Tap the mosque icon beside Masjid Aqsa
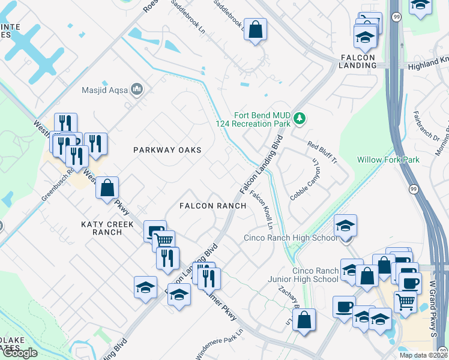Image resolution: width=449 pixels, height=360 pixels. (137, 90)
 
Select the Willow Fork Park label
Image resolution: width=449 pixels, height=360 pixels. (388, 160)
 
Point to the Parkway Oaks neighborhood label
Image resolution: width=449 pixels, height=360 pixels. (167, 149)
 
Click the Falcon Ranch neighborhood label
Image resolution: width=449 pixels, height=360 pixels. (213, 206)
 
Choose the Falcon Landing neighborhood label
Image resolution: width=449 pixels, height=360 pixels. (357, 61)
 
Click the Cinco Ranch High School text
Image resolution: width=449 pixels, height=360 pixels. (291, 238)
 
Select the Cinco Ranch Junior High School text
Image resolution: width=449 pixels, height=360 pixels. (315, 275)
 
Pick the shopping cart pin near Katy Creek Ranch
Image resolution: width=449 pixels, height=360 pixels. (163, 241)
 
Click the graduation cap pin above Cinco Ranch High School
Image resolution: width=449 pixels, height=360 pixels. (345, 226)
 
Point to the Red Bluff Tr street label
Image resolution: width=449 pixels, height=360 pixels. (322, 154)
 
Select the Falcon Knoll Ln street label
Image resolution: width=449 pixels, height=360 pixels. (262, 210)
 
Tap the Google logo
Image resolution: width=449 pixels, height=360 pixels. (20, 353)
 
